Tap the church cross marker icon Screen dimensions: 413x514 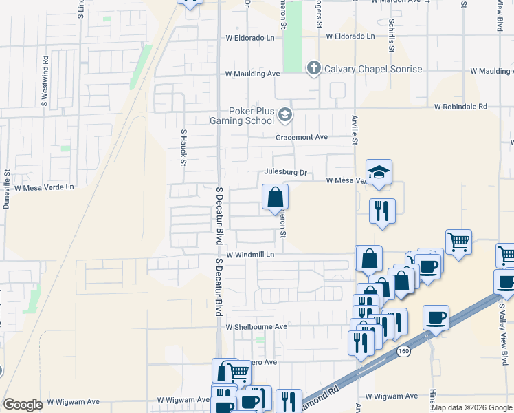click(x=314, y=67)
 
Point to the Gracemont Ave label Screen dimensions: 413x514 click(x=302, y=137)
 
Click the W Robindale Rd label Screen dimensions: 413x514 click(x=460, y=107)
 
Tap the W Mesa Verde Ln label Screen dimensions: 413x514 click(x=43, y=187)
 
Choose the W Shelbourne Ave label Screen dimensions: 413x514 click(x=256, y=327)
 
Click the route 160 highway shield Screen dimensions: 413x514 click(x=403, y=352)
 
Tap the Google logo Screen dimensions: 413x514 click(x=23, y=405)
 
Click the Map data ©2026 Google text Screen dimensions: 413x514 click(x=471, y=407)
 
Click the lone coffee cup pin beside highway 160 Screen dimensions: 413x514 click(x=436, y=318)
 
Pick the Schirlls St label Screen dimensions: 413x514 click(x=390, y=35)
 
